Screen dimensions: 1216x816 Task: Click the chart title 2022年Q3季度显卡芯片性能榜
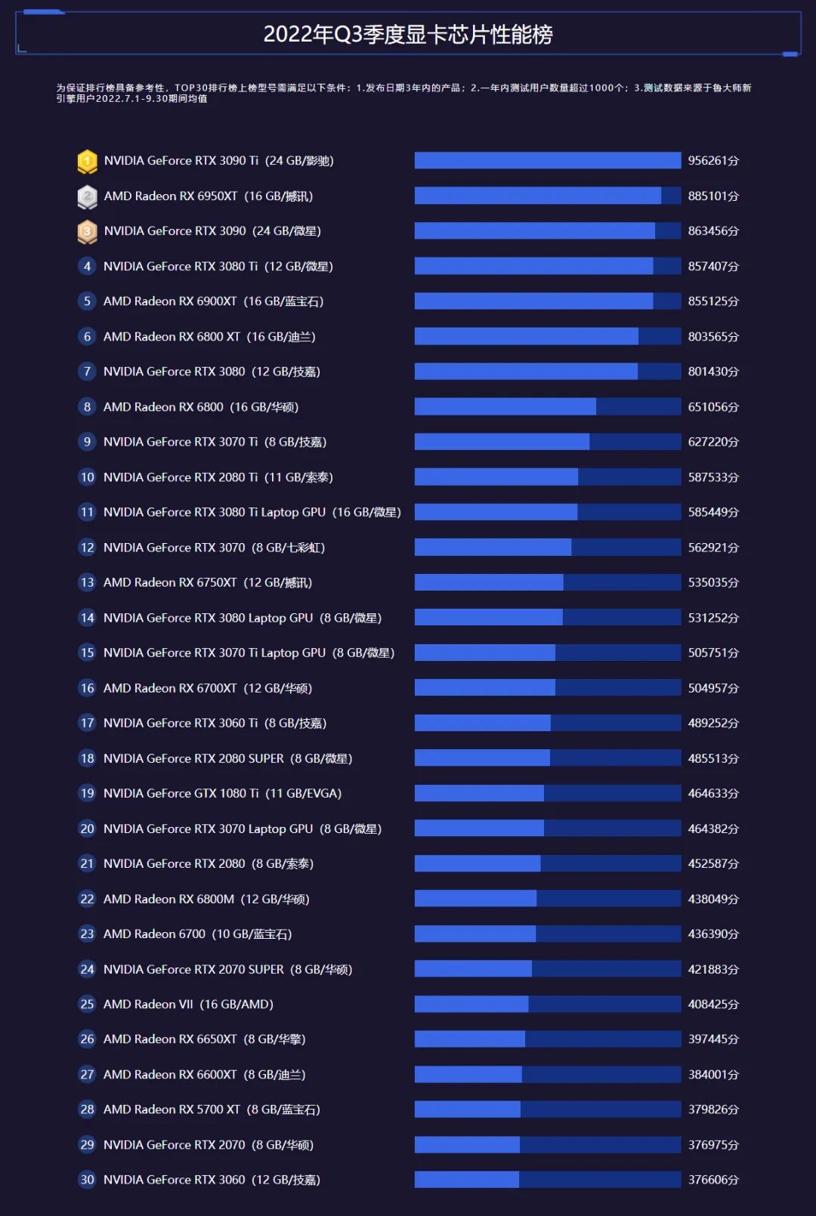[x=408, y=34]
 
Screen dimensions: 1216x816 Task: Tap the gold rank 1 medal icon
[x=88, y=161]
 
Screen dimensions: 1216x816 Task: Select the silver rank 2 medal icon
[x=88, y=196]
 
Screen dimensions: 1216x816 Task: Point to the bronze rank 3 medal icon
[x=88, y=231]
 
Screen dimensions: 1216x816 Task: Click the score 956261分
[x=712, y=161]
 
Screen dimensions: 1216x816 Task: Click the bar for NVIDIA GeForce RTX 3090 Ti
[x=547, y=161]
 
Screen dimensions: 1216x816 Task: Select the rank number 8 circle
[x=87, y=407]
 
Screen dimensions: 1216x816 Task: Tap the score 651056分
[x=712, y=407]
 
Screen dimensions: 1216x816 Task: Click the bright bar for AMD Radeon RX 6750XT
[x=489, y=582]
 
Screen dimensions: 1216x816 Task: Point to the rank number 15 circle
[x=87, y=653]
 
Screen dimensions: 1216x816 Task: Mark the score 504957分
[x=712, y=688]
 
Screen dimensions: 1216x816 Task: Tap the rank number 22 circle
[x=87, y=899]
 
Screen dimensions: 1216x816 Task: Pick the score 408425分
[x=712, y=1005]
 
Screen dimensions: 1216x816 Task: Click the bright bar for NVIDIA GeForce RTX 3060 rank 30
[x=466, y=1180]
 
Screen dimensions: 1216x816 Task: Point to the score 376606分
[x=712, y=1180]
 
